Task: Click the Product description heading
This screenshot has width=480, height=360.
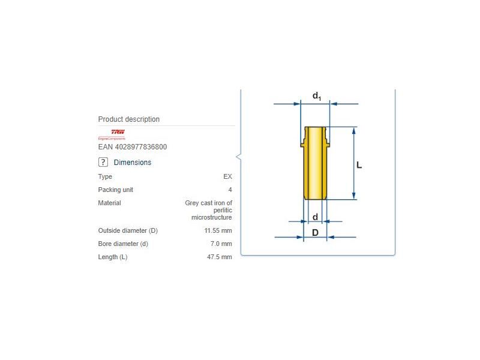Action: click(128, 119)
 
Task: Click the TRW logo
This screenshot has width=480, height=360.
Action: click(118, 132)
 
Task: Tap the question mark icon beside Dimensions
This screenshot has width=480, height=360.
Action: click(103, 162)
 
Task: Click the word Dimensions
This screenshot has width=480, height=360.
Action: click(132, 163)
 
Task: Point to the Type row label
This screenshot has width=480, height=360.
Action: click(105, 176)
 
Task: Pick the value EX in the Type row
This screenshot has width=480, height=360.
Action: click(227, 176)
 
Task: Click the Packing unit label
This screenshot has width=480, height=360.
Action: click(115, 190)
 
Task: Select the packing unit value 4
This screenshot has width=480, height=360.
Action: click(230, 190)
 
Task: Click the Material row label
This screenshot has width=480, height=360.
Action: click(109, 203)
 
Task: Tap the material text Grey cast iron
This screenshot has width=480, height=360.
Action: click(208, 203)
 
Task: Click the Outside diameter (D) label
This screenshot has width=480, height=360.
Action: click(128, 230)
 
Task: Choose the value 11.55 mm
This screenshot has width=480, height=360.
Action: click(218, 230)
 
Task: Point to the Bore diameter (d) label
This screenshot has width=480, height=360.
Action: click(123, 244)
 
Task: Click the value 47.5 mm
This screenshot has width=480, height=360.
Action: click(219, 257)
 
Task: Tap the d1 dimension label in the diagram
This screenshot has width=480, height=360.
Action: click(316, 96)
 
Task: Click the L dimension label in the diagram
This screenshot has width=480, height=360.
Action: click(359, 164)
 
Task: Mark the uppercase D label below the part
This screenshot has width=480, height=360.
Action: click(314, 232)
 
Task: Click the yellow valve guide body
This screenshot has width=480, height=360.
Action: click(314, 168)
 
